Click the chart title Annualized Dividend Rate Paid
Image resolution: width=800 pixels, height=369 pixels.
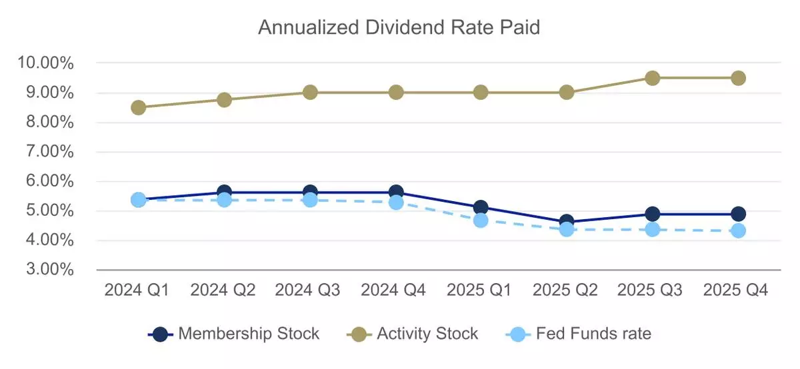[x=399, y=28]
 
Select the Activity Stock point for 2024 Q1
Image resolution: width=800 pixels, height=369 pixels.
[x=139, y=107]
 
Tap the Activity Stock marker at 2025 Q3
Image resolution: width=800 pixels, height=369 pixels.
[x=653, y=78]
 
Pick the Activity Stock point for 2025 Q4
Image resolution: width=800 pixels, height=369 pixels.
[x=738, y=78]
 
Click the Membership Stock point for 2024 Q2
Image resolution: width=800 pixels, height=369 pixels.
[x=225, y=192]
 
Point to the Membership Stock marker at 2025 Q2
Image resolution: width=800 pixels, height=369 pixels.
[x=567, y=221]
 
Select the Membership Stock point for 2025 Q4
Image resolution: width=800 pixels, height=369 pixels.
[x=738, y=214]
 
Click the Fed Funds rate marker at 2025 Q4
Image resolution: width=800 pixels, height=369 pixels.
[x=738, y=230]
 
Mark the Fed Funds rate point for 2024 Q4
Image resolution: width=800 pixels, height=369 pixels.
[x=396, y=202]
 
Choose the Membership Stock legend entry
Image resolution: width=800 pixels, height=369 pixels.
[x=234, y=333]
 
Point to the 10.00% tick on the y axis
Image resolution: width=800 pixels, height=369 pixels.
[x=47, y=63]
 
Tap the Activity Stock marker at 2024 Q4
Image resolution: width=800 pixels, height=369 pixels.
[x=396, y=93]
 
